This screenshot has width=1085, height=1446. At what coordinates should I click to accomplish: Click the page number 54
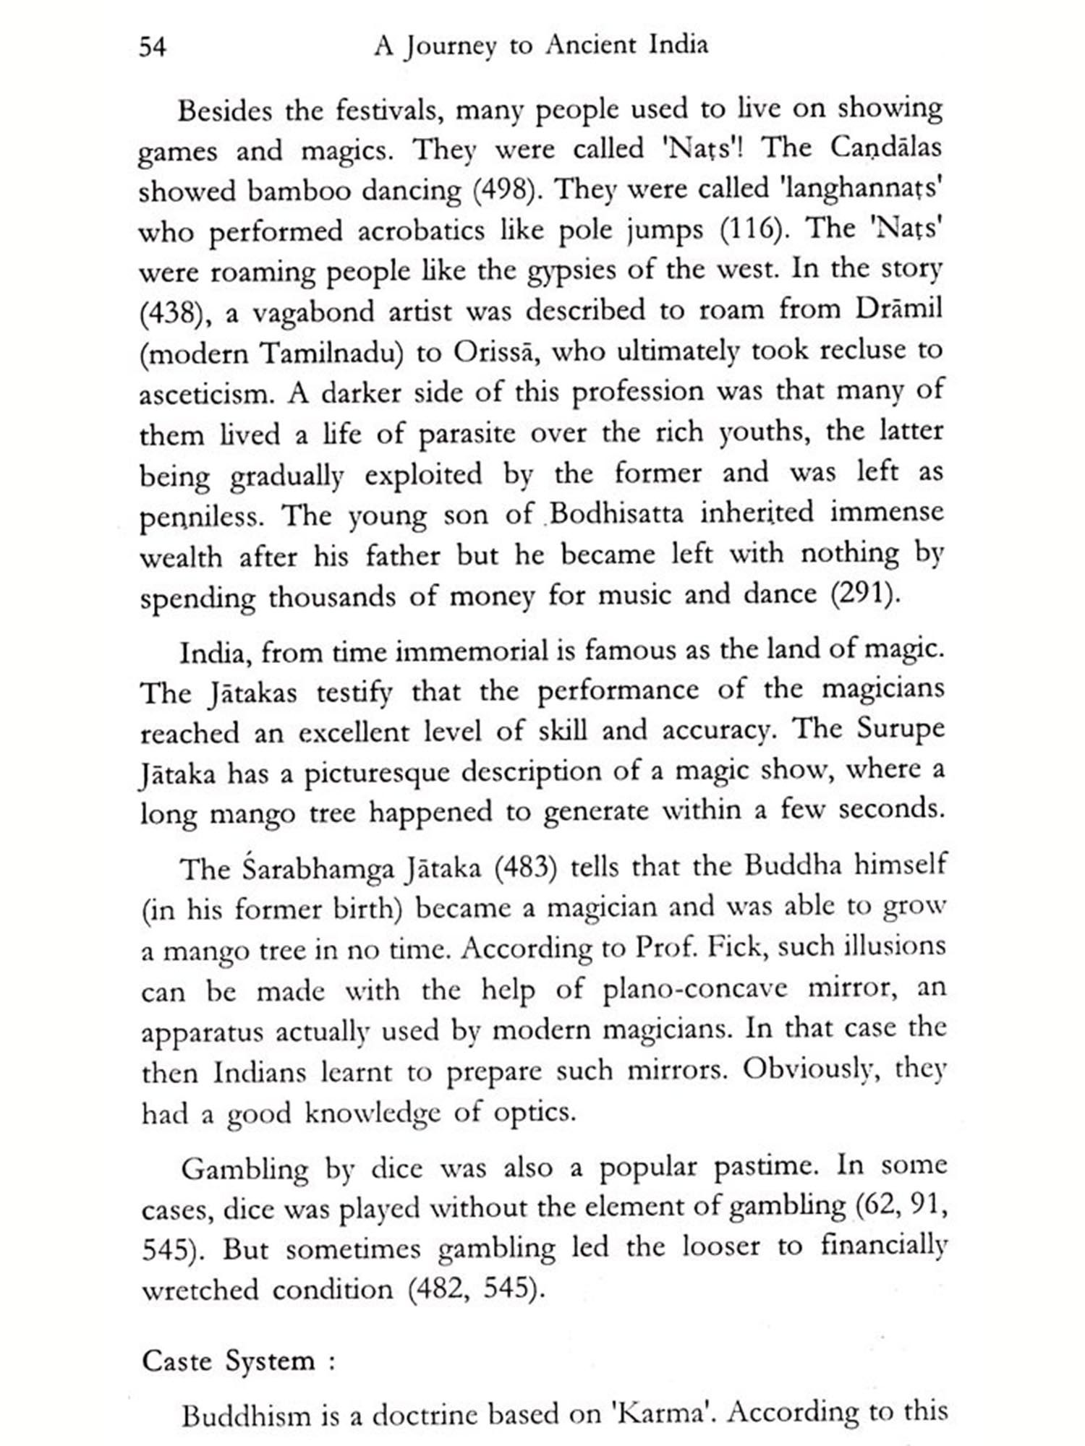click(153, 47)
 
